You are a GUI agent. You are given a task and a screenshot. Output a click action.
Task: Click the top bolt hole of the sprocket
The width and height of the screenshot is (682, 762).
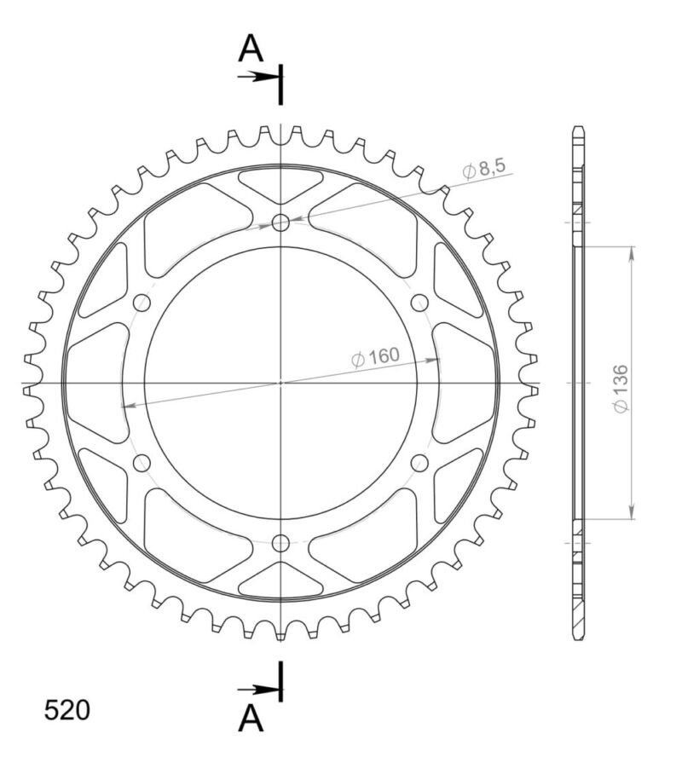[x=280, y=223]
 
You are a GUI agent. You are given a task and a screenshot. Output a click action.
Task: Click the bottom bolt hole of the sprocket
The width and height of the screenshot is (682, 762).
[x=280, y=542]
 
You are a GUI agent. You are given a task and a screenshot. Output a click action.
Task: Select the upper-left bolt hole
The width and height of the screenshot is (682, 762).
[x=142, y=303]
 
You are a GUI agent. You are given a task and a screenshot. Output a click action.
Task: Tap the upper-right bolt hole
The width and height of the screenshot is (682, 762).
[x=419, y=303]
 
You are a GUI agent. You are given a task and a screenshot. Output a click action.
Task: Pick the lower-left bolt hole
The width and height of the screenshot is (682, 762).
[x=142, y=462]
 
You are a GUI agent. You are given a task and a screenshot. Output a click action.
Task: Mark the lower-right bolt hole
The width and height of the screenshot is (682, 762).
[x=419, y=462]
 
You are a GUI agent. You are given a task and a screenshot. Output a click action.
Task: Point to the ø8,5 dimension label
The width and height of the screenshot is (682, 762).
[x=485, y=170]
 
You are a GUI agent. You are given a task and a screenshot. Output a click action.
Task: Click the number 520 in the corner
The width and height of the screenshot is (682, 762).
[x=66, y=710]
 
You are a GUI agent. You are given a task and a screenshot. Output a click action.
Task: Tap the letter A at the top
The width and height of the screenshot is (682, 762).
[x=250, y=49]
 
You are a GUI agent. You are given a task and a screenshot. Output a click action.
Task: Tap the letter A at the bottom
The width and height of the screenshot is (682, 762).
[x=250, y=720]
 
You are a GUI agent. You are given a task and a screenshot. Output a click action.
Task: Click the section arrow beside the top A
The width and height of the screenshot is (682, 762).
[x=256, y=77]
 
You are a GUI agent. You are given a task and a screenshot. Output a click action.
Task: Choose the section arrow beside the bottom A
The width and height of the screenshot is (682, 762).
[x=256, y=689]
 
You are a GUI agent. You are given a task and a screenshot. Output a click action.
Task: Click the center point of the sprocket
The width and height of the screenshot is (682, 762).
[x=280, y=383]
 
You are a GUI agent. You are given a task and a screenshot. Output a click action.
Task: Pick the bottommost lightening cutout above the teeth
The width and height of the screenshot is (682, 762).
[x=280, y=581]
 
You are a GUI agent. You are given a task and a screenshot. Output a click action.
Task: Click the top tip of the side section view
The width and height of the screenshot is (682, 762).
[x=578, y=129]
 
